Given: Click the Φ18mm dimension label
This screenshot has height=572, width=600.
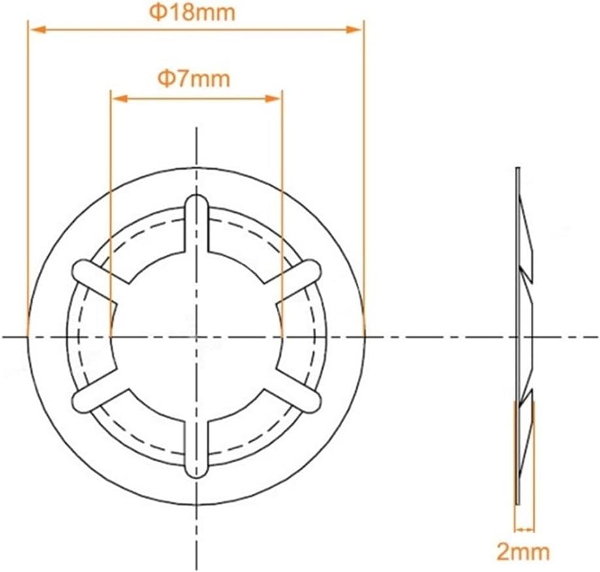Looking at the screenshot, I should (194, 12).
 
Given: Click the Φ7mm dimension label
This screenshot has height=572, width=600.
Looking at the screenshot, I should (195, 79).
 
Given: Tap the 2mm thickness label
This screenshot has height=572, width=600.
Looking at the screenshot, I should (523, 551).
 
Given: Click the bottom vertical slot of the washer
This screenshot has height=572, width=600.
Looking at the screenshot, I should (196, 451).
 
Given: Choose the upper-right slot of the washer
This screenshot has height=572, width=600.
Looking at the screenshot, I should (298, 276).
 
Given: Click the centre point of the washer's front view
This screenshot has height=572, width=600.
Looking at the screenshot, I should (196, 336).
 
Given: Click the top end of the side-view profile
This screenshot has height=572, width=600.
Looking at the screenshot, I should (517, 170).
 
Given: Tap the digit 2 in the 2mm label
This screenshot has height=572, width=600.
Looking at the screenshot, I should (503, 551).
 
